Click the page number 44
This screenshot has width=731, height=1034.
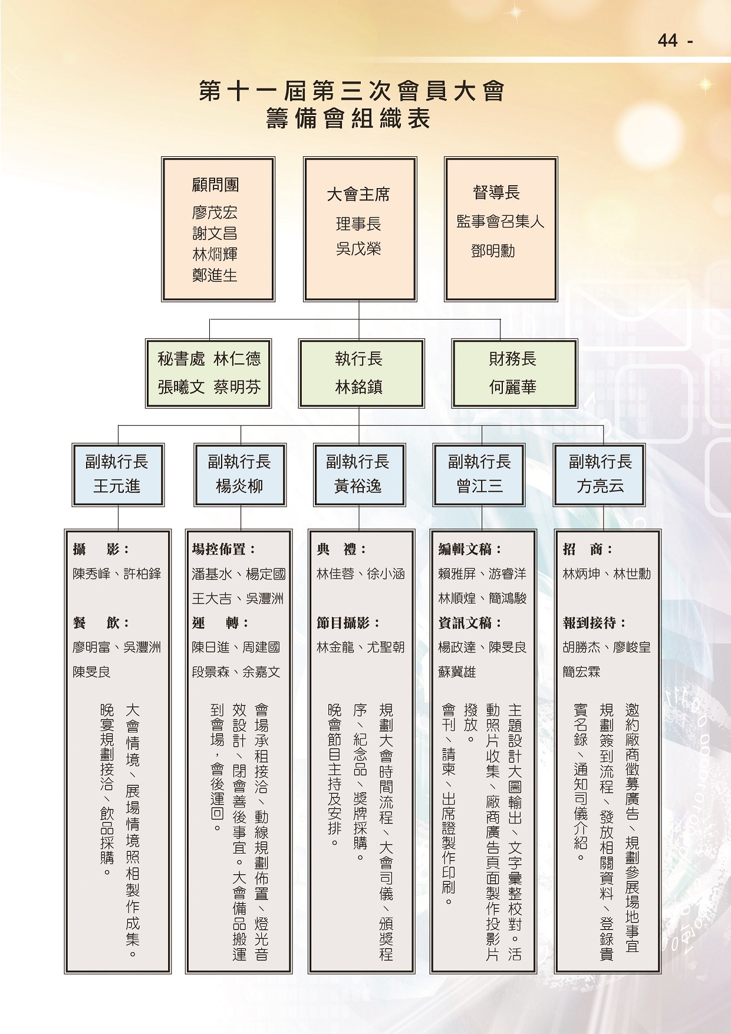(668, 40)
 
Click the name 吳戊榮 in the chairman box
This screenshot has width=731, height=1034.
(358, 249)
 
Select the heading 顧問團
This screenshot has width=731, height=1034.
(215, 185)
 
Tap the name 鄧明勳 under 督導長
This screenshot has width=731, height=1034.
(493, 251)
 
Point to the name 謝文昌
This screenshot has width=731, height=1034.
(215, 233)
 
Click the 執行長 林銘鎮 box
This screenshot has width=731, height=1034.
(361, 373)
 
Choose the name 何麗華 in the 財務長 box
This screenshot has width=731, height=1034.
(512, 387)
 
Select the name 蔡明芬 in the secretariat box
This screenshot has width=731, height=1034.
(237, 387)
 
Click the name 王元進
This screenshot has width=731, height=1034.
(117, 486)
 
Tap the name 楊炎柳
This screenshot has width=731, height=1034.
(239, 486)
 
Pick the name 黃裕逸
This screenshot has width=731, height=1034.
(358, 486)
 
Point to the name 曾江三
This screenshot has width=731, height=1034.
(480, 486)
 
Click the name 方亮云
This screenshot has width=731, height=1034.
(600, 486)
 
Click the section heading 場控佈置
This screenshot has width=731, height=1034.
(223, 549)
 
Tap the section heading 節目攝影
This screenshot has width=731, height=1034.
(348, 623)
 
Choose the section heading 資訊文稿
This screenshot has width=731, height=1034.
(470, 623)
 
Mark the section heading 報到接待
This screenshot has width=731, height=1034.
(594, 623)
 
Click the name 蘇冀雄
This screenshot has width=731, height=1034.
(457, 672)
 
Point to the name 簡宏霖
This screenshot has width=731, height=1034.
(581, 672)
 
